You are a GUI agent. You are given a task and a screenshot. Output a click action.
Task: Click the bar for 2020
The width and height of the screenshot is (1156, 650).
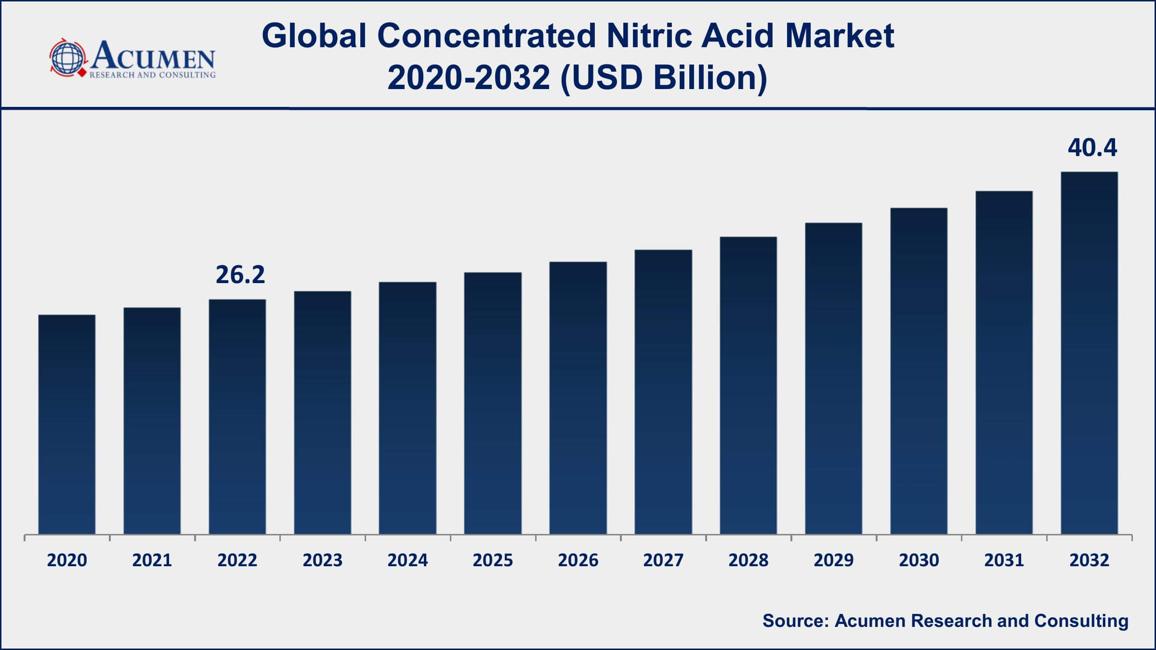pos(67,424)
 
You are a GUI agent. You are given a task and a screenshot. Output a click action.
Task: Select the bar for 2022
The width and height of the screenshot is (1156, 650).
pos(237,416)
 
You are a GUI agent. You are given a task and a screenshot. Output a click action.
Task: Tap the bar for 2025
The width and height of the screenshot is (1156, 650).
pos(493,403)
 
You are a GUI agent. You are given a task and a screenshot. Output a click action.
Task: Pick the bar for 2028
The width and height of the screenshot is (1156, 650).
pos(748,385)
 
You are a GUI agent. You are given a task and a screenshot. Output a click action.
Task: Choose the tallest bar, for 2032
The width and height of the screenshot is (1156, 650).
pos(1089,352)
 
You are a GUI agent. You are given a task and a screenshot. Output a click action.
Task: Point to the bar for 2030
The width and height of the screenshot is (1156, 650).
pos(919,371)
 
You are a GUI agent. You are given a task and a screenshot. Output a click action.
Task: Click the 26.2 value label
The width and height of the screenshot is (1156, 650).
pos(240,275)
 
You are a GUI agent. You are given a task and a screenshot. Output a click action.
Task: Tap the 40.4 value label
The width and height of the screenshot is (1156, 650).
pos(1092,148)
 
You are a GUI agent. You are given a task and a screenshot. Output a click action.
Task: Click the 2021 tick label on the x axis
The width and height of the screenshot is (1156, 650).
pos(152,560)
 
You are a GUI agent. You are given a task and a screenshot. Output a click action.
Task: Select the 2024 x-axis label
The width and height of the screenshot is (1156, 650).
pos(407,560)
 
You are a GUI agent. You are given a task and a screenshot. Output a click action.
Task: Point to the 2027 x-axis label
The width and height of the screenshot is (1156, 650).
pos(663,560)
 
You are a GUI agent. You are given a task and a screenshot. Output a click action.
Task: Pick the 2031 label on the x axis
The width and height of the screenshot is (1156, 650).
pos(1004,560)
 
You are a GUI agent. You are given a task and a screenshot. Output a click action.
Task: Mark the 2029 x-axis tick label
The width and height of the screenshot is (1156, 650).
pos(833,560)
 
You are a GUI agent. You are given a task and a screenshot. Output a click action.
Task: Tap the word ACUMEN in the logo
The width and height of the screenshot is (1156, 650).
pos(153,56)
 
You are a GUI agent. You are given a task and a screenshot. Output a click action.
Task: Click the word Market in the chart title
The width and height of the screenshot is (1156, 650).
pos(840,36)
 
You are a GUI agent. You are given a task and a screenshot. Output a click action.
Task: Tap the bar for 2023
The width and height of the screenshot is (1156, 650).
pos(322,413)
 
